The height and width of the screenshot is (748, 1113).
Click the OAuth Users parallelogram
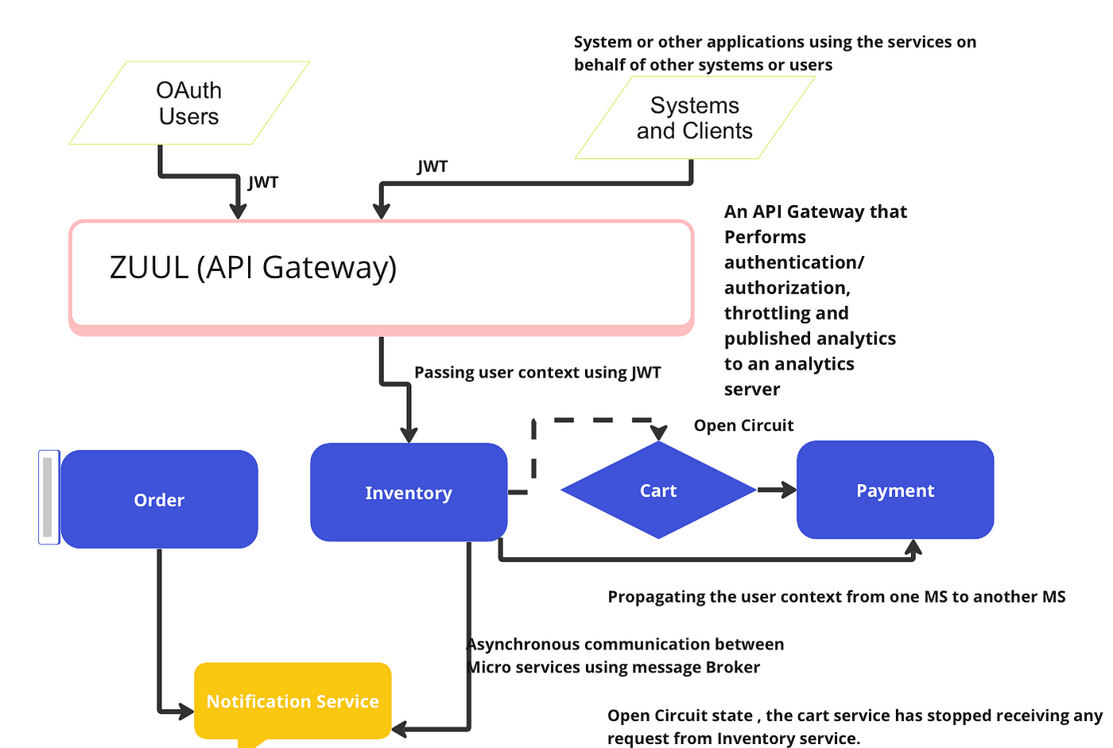[x=189, y=103]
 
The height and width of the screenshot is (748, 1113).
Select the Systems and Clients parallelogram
[x=694, y=118]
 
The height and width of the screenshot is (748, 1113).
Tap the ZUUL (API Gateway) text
[x=253, y=268]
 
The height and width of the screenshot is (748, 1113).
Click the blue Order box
[x=159, y=500]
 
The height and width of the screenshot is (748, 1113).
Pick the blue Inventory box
[x=409, y=493]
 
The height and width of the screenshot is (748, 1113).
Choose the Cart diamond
[x=658, y=491]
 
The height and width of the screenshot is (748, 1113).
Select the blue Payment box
[x=895, y=490]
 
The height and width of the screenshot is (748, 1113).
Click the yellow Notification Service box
[x=293, y=701]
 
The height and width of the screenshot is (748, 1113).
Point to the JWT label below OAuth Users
[x=263, y=182]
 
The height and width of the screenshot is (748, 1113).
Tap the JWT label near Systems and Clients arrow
[x=432, y=166]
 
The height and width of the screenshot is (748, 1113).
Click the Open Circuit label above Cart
[x=743, y=425]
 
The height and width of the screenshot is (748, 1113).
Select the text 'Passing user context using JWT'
[x=537, y=372]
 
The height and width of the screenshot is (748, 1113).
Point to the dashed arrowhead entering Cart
[x=659, y=432]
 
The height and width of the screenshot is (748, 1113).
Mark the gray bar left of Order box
[x=48, y=497]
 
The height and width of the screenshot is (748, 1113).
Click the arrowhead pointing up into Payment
[x=913, y=548]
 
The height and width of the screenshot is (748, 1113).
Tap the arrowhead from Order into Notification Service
[x=186, y=710]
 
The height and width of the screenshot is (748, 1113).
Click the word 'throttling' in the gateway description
[x=763, y=313]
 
